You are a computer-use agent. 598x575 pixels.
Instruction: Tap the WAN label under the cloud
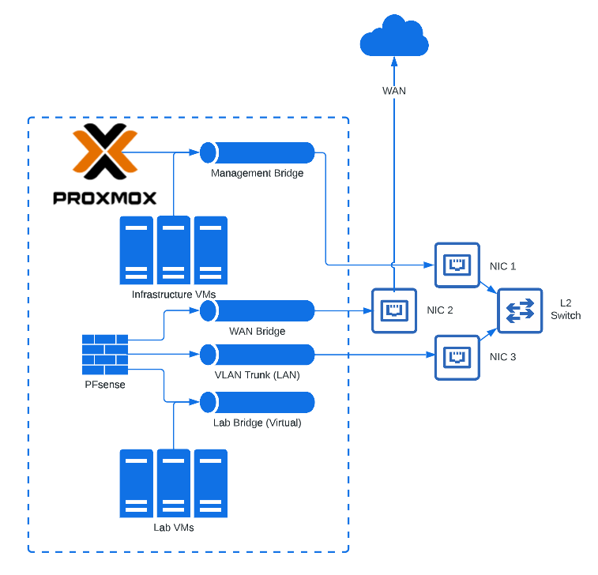(394, 91)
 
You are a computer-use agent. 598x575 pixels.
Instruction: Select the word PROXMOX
(104, 197)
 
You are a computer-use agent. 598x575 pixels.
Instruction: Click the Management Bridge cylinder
(257, 152)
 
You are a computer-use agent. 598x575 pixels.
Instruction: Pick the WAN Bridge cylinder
(257, 310)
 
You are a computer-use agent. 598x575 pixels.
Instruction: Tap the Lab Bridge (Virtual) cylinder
(257, 402)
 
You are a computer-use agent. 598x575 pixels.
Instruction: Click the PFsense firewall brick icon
(105, 355)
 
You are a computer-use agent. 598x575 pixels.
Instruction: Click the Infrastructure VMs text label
(174, 295)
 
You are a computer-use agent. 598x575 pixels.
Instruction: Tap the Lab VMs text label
(174, 527)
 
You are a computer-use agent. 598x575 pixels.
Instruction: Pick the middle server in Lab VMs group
(173, 483)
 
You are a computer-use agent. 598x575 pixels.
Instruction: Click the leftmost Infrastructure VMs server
(137, 250)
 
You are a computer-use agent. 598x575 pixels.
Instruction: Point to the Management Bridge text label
(257, 173)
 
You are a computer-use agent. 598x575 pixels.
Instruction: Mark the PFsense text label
(105, 385)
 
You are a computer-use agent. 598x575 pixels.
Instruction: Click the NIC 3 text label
(503, 357)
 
